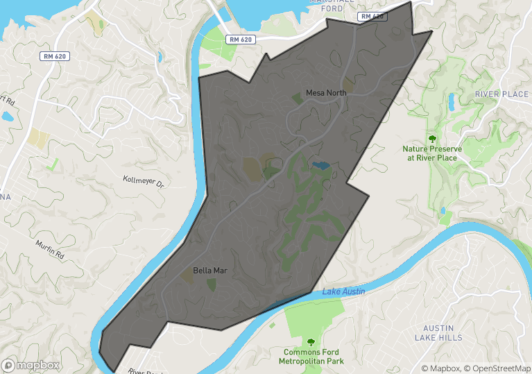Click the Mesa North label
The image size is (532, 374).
[326, 93]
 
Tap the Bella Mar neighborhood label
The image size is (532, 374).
[210, 270]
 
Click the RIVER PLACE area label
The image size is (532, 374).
[501, 94]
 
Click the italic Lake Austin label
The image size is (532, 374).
[343, 291]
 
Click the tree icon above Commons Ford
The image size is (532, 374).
[311, 341]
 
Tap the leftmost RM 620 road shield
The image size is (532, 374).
[53, 56]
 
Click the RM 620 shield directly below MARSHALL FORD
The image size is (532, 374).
[372, 16]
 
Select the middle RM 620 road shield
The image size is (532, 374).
[241, 40]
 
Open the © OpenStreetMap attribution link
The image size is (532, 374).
[497, 368]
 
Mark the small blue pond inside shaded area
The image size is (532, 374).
[320, 165]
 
